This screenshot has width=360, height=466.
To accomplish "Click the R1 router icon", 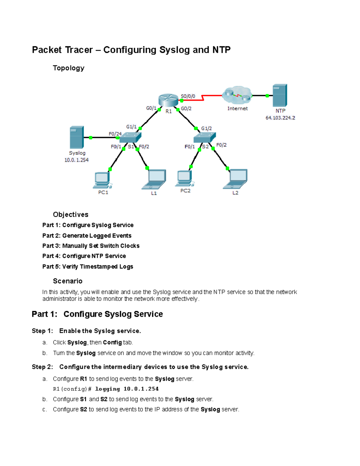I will pyautogui.click(x=168, y=100).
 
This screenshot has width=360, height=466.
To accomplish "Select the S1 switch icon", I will pyautogui.click(x=130, y=137).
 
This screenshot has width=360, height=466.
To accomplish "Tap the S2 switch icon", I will pyautogui.click(x=205, y=137).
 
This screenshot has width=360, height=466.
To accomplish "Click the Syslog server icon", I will pyautogui.click(x=77, y=137).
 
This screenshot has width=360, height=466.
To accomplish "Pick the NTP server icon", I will pyautogui.click(x=280, y=95).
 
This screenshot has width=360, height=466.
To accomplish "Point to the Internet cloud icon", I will pyautogui.click(x=237, y=95).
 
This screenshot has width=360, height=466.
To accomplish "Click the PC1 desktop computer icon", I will pyautogui.click(x=103, y=180).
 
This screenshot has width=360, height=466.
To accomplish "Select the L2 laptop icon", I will pyautogui.click(x=235, y=179).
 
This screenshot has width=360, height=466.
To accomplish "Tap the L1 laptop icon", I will pyautogui.click(x=154, y=180).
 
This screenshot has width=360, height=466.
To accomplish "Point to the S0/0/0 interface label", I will pyautogui.click(x=188, y=96).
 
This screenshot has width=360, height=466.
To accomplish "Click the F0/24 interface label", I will pyautogui.click(x=115, y=134).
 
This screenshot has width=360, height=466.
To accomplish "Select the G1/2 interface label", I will pyautogui.click(x=206, y=128).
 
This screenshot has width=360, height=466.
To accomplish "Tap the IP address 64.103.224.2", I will pyautogui.click(x=280, y=118).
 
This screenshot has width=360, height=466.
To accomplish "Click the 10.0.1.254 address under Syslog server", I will pyautogui.click(x=76, y=160).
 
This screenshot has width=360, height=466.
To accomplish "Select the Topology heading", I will pyautogui.click(x=68, y=68).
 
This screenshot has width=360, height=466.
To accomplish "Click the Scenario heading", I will pyautogui.click(x=67, y=281).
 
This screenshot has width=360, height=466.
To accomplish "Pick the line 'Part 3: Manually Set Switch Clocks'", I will pyautogui.click(x=91, y=246).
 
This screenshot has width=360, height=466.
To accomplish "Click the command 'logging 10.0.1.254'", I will pyautogui.click(x=127, y=389).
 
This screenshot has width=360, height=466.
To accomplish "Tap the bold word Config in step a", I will pyautogui.click(x=112, y=342).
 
